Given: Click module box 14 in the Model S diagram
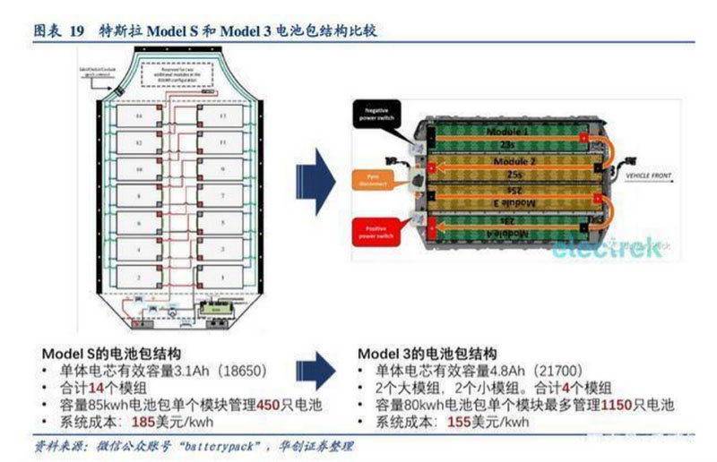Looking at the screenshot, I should (138, 117).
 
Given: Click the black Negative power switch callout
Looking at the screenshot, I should (378, 115).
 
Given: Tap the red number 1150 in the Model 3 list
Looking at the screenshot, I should (618, 405).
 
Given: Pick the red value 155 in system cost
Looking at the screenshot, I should (459, 421).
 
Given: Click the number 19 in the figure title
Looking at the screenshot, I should (77, 30).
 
